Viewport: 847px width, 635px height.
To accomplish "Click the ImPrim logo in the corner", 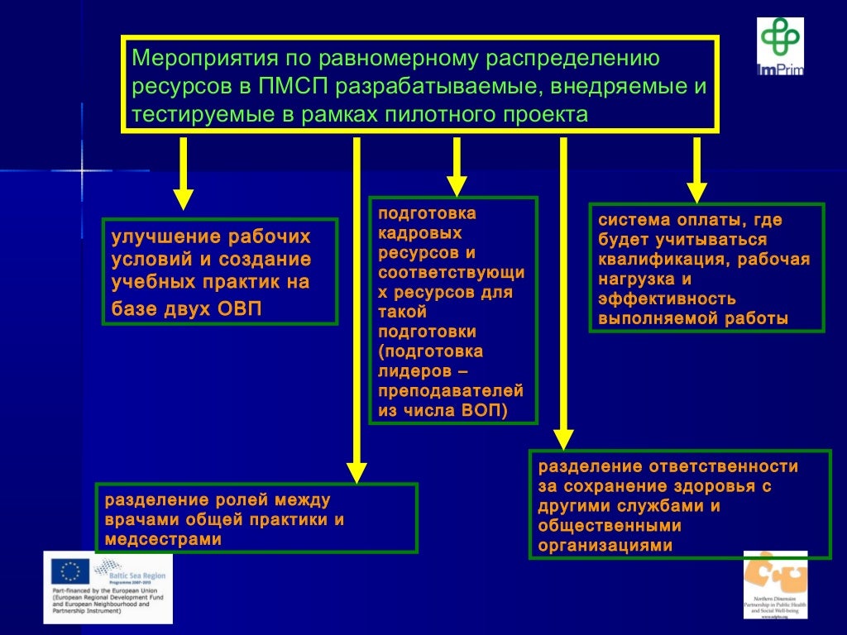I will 780,46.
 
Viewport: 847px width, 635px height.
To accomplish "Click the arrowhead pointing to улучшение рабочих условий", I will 184,198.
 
